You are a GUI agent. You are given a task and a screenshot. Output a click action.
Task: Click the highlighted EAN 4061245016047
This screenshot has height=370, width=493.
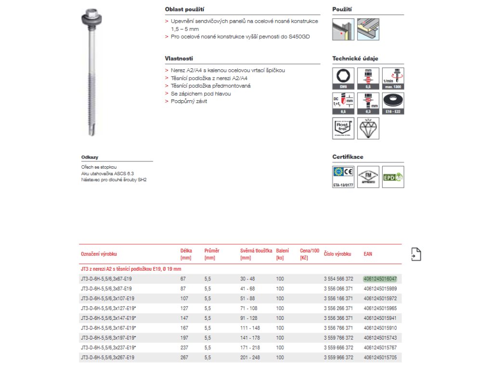380,279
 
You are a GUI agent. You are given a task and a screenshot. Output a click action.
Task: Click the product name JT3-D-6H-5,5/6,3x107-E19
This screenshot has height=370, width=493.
107,299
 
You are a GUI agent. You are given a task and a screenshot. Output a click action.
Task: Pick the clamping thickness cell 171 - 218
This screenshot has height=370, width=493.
250,348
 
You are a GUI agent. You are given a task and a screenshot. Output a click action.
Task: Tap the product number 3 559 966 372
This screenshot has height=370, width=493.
338,358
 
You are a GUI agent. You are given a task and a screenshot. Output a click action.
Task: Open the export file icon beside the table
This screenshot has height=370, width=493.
416,254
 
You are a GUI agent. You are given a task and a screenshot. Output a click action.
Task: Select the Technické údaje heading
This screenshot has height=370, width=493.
355,59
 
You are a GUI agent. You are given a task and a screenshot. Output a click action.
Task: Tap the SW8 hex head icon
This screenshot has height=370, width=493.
343,79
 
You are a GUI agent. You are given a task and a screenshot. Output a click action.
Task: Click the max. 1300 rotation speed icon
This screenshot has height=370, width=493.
393,79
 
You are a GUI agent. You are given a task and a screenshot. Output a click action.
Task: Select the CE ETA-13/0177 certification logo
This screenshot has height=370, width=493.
343,176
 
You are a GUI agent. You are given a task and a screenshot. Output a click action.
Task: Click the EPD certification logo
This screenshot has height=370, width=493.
393,176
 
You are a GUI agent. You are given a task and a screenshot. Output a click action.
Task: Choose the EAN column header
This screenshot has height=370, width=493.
368,253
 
